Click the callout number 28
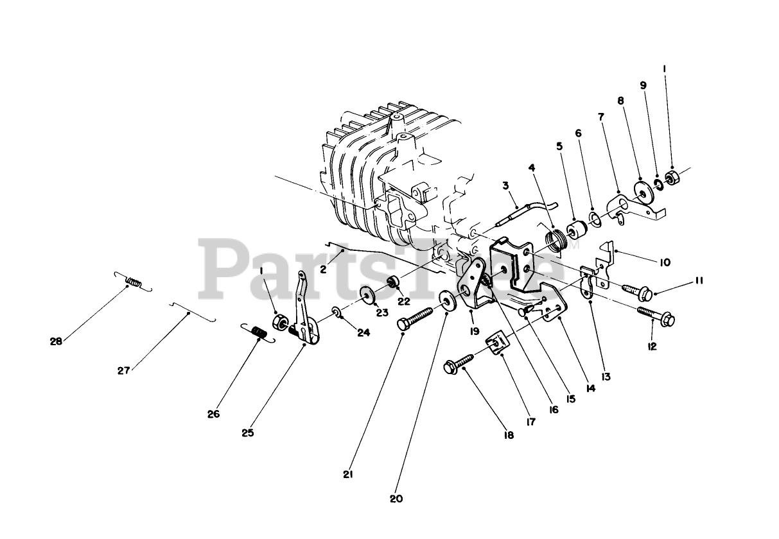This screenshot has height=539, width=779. coord(56,341)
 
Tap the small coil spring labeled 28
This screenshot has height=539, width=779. coord(133,281)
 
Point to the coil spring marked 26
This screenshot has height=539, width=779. coord(258,332)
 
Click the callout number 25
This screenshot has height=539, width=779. coord(248,432)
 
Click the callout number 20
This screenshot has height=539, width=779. coord(396,499)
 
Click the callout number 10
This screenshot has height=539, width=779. coord(665,262)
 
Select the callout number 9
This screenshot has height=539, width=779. coord(643,85)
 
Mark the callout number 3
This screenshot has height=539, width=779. coord(506,185)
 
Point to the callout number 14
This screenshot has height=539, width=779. coord(590,388)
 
